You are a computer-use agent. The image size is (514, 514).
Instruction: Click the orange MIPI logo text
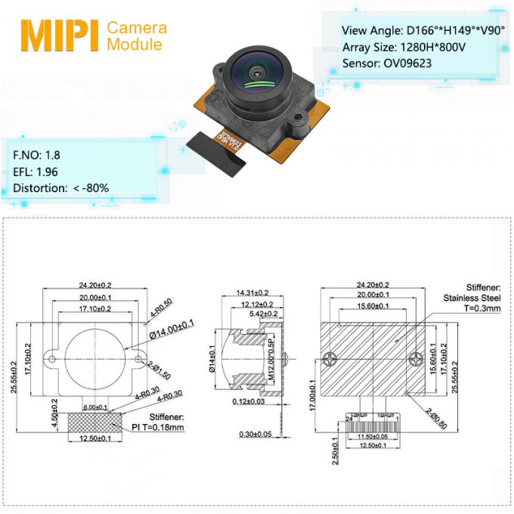[x=59, y=36]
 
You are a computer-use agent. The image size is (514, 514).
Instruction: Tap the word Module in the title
[x=134, y=45]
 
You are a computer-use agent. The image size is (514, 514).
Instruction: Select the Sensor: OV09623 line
[x=386, y=63]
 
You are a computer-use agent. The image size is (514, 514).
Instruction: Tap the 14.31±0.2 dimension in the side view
[x=252, y=293]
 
